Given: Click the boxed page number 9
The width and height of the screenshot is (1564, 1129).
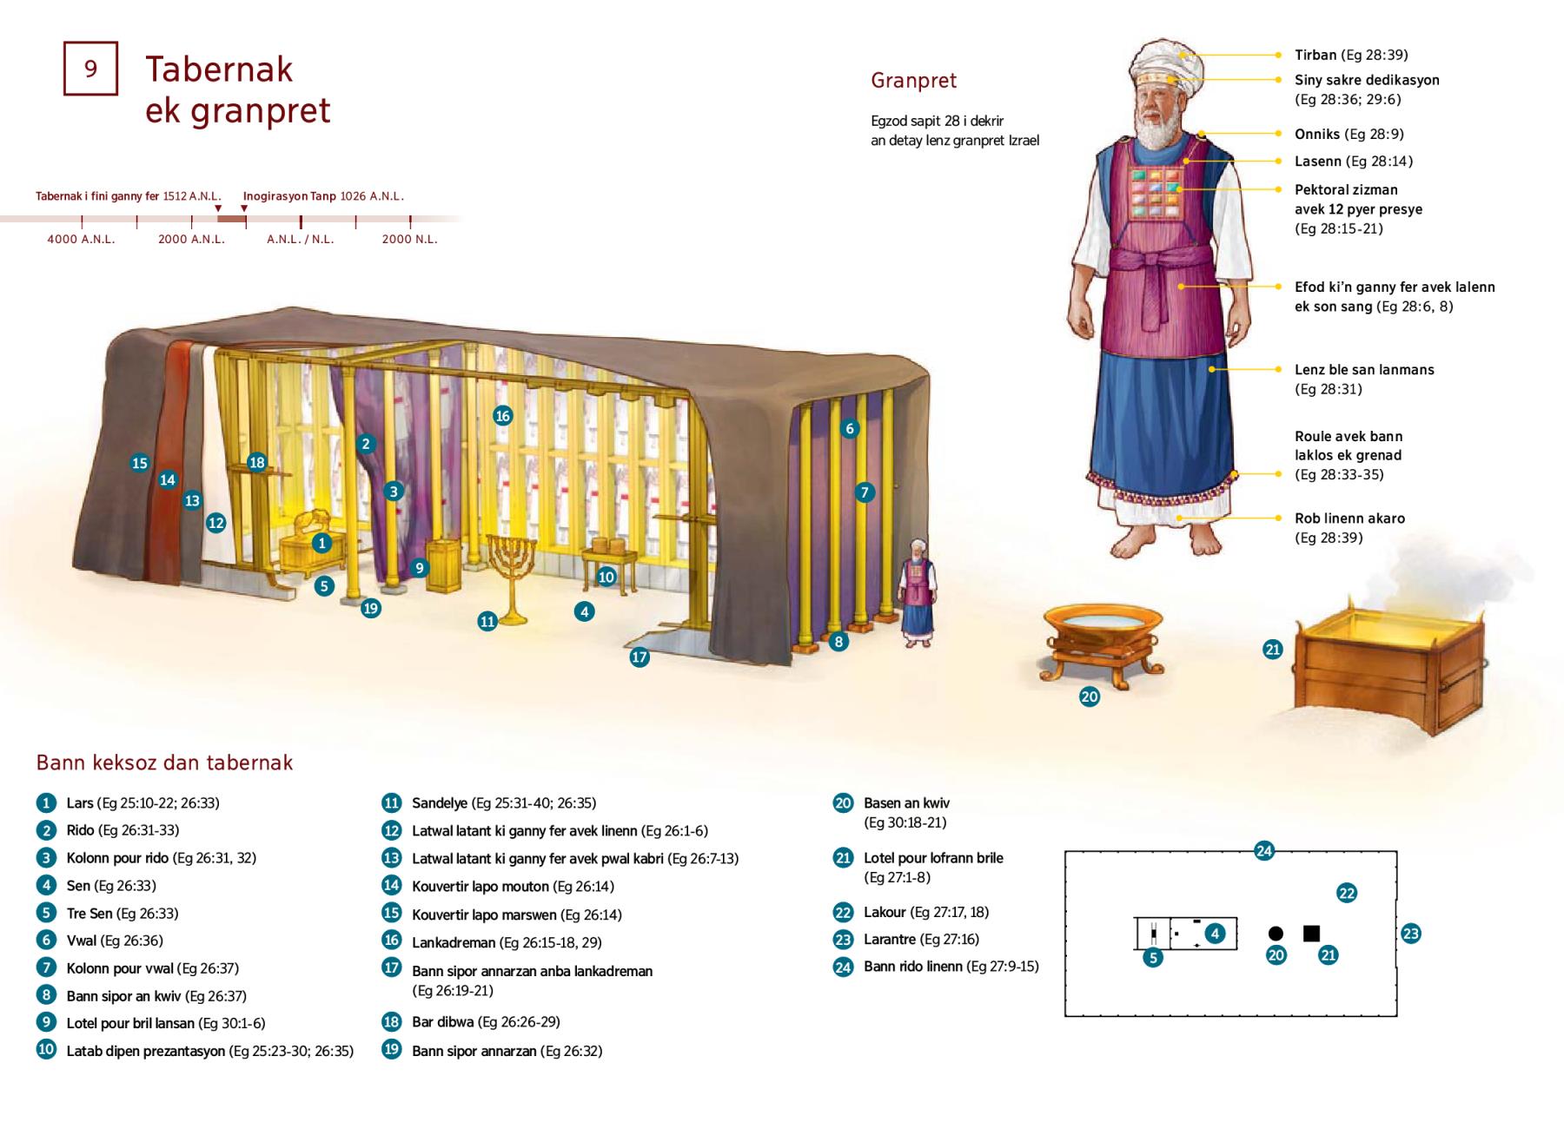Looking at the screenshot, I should click(90, 69).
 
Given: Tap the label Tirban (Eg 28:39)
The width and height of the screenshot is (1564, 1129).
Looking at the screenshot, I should click(1350, 55).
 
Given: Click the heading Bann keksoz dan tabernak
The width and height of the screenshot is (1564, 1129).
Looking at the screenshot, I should click(164, 763).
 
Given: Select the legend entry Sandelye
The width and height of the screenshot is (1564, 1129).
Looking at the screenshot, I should click(504, 803).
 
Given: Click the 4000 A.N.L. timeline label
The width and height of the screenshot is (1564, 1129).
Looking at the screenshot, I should click(81, 239).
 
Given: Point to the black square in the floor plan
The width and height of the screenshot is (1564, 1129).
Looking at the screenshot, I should click(1311, 934).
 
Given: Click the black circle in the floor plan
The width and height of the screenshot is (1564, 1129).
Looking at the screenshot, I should click(1276, 934).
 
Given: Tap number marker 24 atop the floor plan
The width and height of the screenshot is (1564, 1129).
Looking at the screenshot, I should click(1264, 851).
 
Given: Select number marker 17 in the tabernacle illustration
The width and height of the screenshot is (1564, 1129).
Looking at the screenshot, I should click(640, 657).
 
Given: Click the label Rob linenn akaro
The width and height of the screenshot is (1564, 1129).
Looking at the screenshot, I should click(1349, 518).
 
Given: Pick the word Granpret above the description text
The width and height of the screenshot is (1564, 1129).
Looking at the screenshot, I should click(913, 81).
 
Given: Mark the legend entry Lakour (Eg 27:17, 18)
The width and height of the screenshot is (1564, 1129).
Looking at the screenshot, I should click(926, 912).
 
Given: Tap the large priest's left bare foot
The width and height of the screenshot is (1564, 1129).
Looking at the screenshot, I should click(1205, 544).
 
